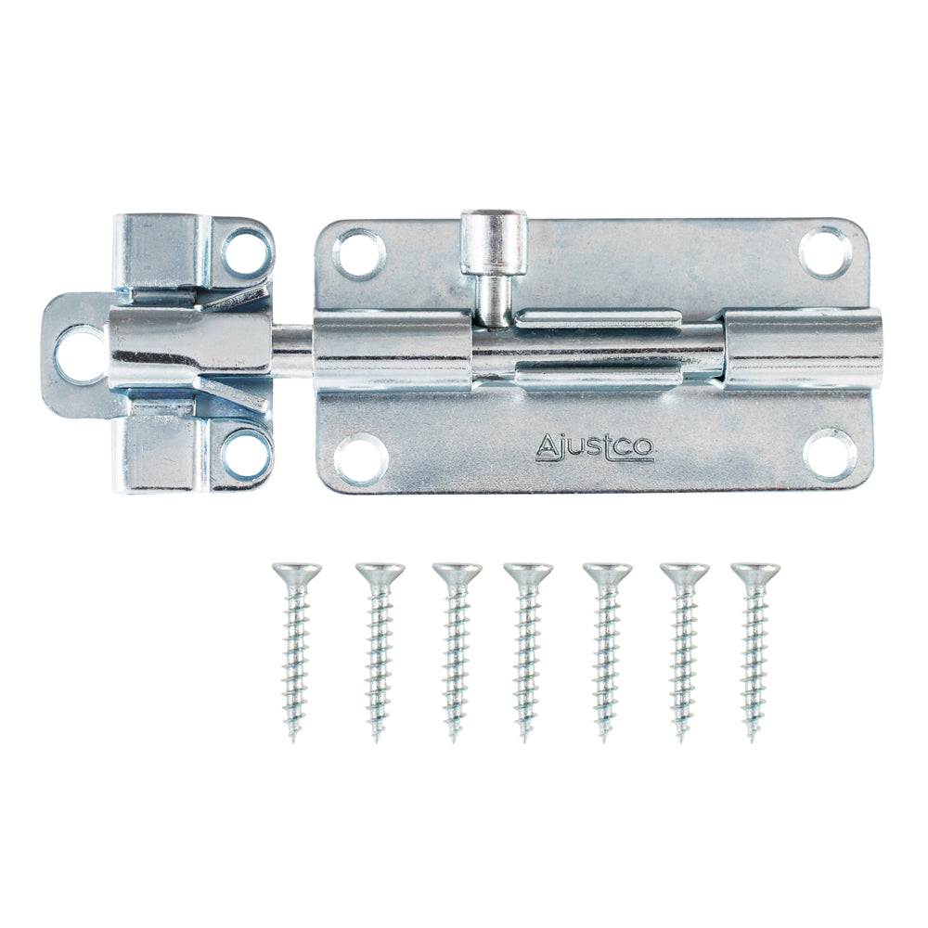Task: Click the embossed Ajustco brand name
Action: (x=595, y=447)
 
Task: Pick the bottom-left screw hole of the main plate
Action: (x=361, y=459)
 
